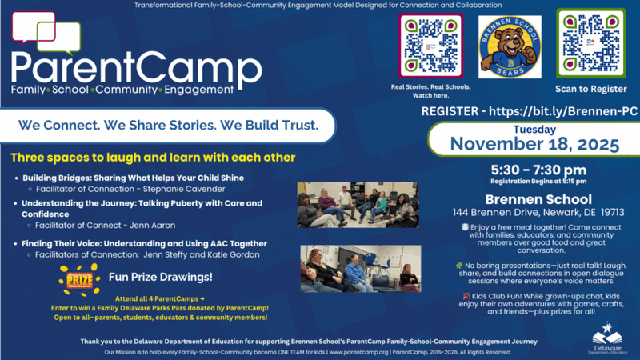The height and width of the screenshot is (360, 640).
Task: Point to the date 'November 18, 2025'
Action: (534, 144)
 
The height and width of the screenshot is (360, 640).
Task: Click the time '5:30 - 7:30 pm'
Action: (538, 169)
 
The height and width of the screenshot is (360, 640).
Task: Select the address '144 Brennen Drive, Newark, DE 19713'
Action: (538, 213)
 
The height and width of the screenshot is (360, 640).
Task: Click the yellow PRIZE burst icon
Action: (78, 281)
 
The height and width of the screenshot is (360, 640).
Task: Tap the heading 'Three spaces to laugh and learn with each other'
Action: (153, 157)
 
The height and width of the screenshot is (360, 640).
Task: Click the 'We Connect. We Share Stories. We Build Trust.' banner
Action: (167, 126)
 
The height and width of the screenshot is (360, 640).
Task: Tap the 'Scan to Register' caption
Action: (590, 90)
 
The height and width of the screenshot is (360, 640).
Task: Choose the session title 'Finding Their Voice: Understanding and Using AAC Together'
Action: (144, 243)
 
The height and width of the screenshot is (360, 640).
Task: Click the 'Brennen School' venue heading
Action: (538, 198)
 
